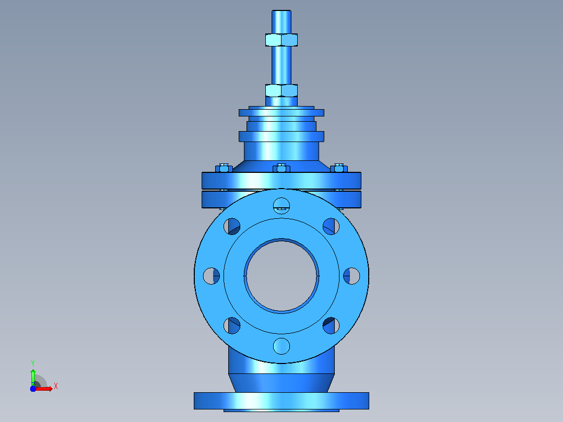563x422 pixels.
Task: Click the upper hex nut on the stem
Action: [282, 40]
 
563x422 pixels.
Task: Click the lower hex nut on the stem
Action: [282, 90]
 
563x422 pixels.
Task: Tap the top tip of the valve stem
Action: [282, 11]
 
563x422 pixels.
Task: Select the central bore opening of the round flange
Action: [282, 276]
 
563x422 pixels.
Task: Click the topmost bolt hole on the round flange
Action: [282, 206]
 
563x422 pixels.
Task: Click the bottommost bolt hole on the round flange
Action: [282, 346]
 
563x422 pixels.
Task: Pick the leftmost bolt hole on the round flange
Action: [212, 276]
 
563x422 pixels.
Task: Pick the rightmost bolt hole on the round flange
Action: [351, 276]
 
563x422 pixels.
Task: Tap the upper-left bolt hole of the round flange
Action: [232, 226]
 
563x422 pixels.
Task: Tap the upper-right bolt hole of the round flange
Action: [331, 226]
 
